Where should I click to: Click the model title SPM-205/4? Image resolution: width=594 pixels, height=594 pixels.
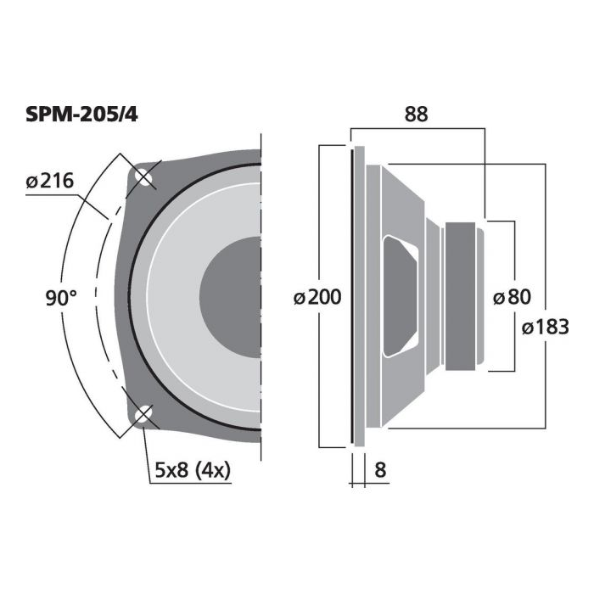pyautogui.click(x=81, y=114)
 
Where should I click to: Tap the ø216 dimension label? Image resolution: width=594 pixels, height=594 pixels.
pyautogui.click(x=49, y=181)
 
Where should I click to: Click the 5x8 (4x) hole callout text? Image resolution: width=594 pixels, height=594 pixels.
pyautogui.click(x=193, y=470)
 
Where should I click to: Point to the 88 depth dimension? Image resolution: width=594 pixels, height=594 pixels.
pyautogui.click(x=416, y=114)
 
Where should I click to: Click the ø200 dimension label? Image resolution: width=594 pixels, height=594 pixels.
pyautogui.click(x=317, y=297)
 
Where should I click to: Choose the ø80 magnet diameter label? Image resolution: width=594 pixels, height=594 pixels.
pyautogui.click(x=512, y=297)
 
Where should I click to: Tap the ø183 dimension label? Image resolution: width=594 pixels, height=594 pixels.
pyautogui.click(x=545, y=327)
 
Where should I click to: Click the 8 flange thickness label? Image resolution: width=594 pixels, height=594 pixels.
pyautogui.click(x=380, y=470)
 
